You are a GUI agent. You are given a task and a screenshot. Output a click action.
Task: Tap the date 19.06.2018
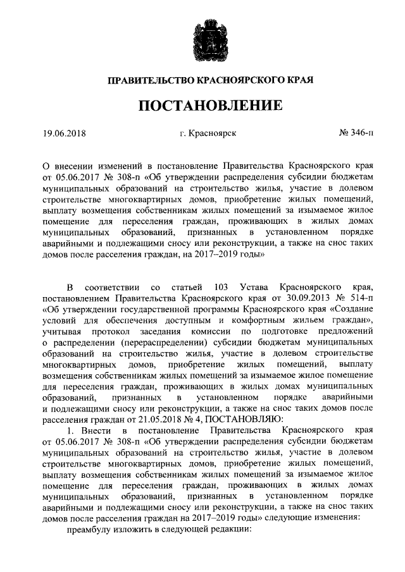point(64,133)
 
